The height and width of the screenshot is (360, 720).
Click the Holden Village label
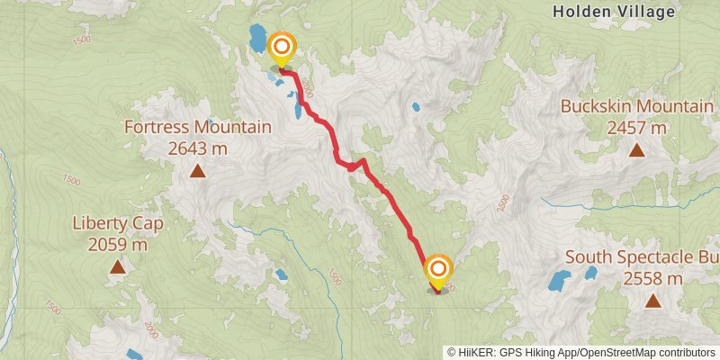[x=614, y=12]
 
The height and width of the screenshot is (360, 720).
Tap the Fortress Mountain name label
[x=197, y=128]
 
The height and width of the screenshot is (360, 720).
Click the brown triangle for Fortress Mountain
[x=196, y=170]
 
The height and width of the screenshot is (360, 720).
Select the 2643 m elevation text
[x=197, y=148]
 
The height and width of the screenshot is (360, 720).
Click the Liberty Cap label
[x=117, y=223]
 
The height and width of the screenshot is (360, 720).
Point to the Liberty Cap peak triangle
[x=117, y=266]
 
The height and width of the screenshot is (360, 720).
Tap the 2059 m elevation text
[x=117, y=244]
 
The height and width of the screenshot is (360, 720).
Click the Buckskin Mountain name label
[x=636, y=106]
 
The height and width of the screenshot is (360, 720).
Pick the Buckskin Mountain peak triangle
[x=636, y=149]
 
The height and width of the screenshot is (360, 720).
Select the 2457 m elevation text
[x=636, y=128]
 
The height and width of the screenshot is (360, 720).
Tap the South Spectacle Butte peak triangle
[x=652, y=301]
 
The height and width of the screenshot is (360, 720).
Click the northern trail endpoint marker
[x=282, y=48]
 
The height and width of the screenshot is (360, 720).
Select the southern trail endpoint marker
[x=438, y=270]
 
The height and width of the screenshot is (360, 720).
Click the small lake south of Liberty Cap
[x=133, y=354]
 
